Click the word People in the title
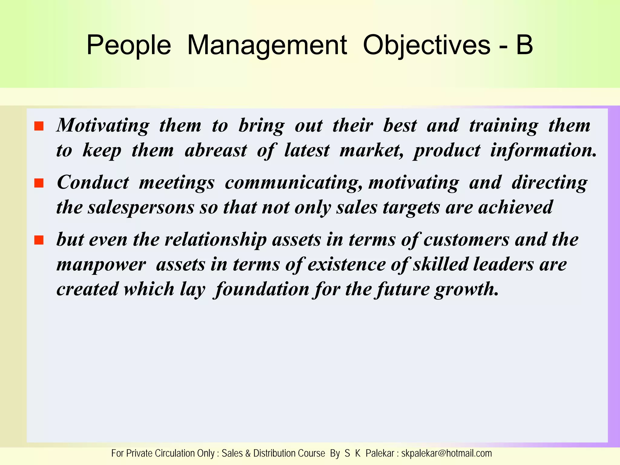click(x=129, y=45)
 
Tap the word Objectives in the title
click(x=426, y=45)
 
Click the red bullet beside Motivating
click(x=39, y=126)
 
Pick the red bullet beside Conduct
click(x=39, y=183)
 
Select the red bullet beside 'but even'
click(x=39, y=240)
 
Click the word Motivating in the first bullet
click(x=103, y=125)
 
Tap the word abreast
click(x=216, y=150)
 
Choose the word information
click(x=543, y=150)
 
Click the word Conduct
click(x=93, y=182)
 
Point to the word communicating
click(x=293, y=183)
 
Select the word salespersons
click(x=141, y=208)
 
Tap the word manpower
click(x=101, y=265)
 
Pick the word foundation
click(x=262, y=289)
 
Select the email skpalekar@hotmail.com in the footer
click(x=447, y=453)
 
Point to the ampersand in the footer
click(x=248, y=453)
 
